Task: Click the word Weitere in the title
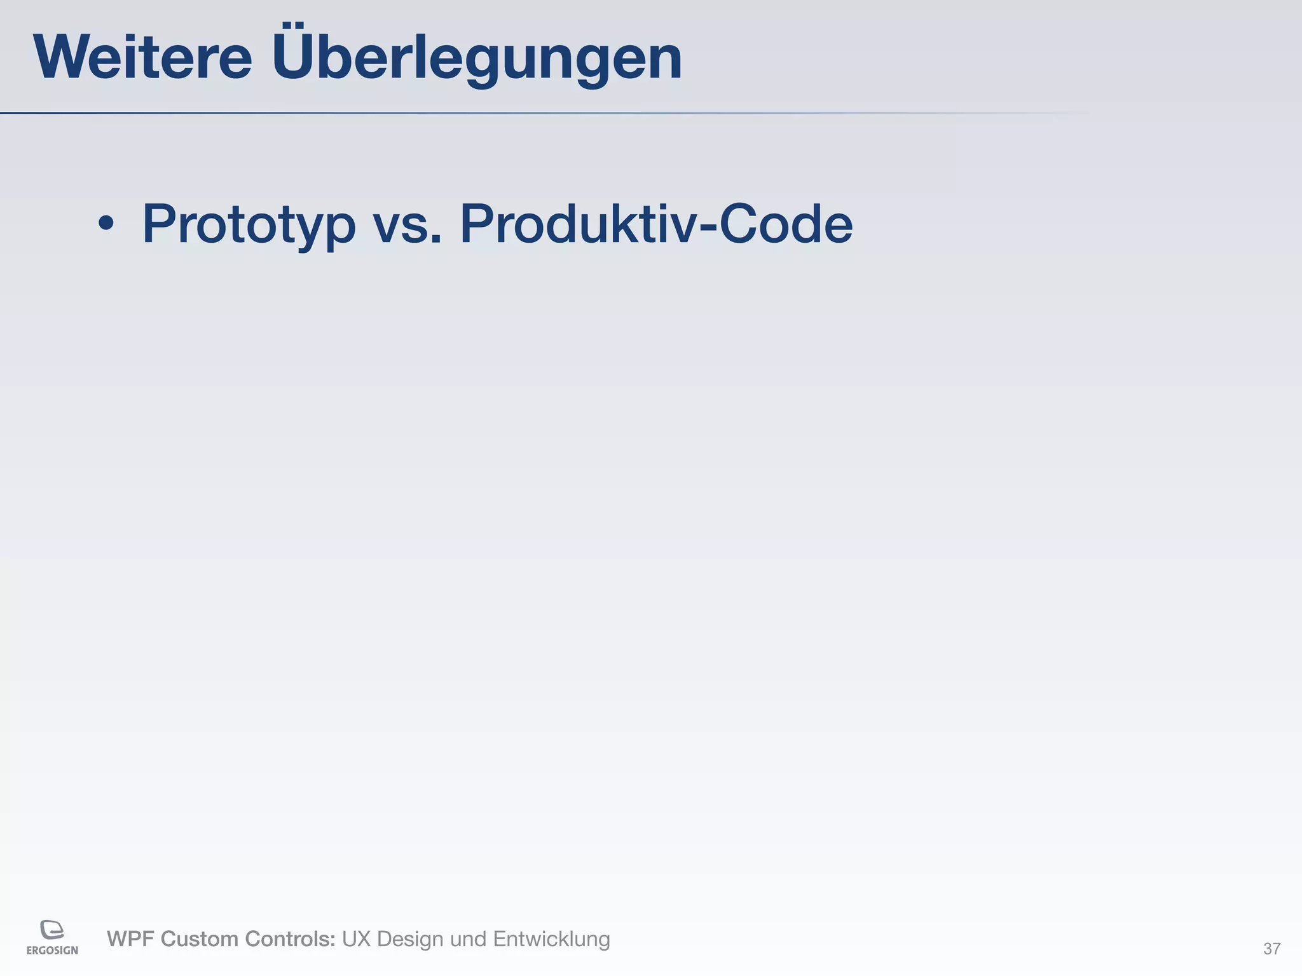click(x=143, y=58)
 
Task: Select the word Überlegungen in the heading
click(x=477, y=58)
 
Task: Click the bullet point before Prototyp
click(x=106, y=224)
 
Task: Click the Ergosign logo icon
click(x=52, y=930)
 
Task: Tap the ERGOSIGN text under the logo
click(x=52, y=951)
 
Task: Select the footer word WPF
click(x=130, y=939)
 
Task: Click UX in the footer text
click(x=356, y=939)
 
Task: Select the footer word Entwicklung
click(x=551, y=939)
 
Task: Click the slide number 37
click(x=1271, y=949)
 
